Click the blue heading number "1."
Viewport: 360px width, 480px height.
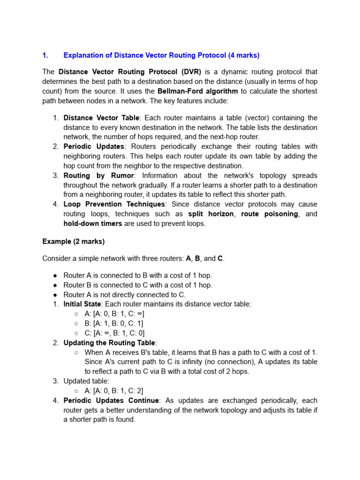point(45,55)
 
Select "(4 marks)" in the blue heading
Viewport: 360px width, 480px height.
point(244,55)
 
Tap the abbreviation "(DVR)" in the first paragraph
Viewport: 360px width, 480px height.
point(189,72)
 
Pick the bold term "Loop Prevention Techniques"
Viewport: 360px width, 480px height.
point(114,204)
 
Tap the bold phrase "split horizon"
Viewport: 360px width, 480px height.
point(211,214)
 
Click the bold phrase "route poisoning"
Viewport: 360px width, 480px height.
point(270,214)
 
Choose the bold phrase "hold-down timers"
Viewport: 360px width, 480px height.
point(93,224)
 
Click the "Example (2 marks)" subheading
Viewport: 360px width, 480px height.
point(74,241)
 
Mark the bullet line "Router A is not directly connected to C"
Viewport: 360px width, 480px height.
point(125,294)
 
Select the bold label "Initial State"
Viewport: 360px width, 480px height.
point(82,304)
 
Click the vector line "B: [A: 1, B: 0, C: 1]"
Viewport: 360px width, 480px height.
point(114,323)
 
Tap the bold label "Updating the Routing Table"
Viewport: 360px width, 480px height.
point(109,343)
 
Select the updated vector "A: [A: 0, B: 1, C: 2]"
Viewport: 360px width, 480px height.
point(114,391)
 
